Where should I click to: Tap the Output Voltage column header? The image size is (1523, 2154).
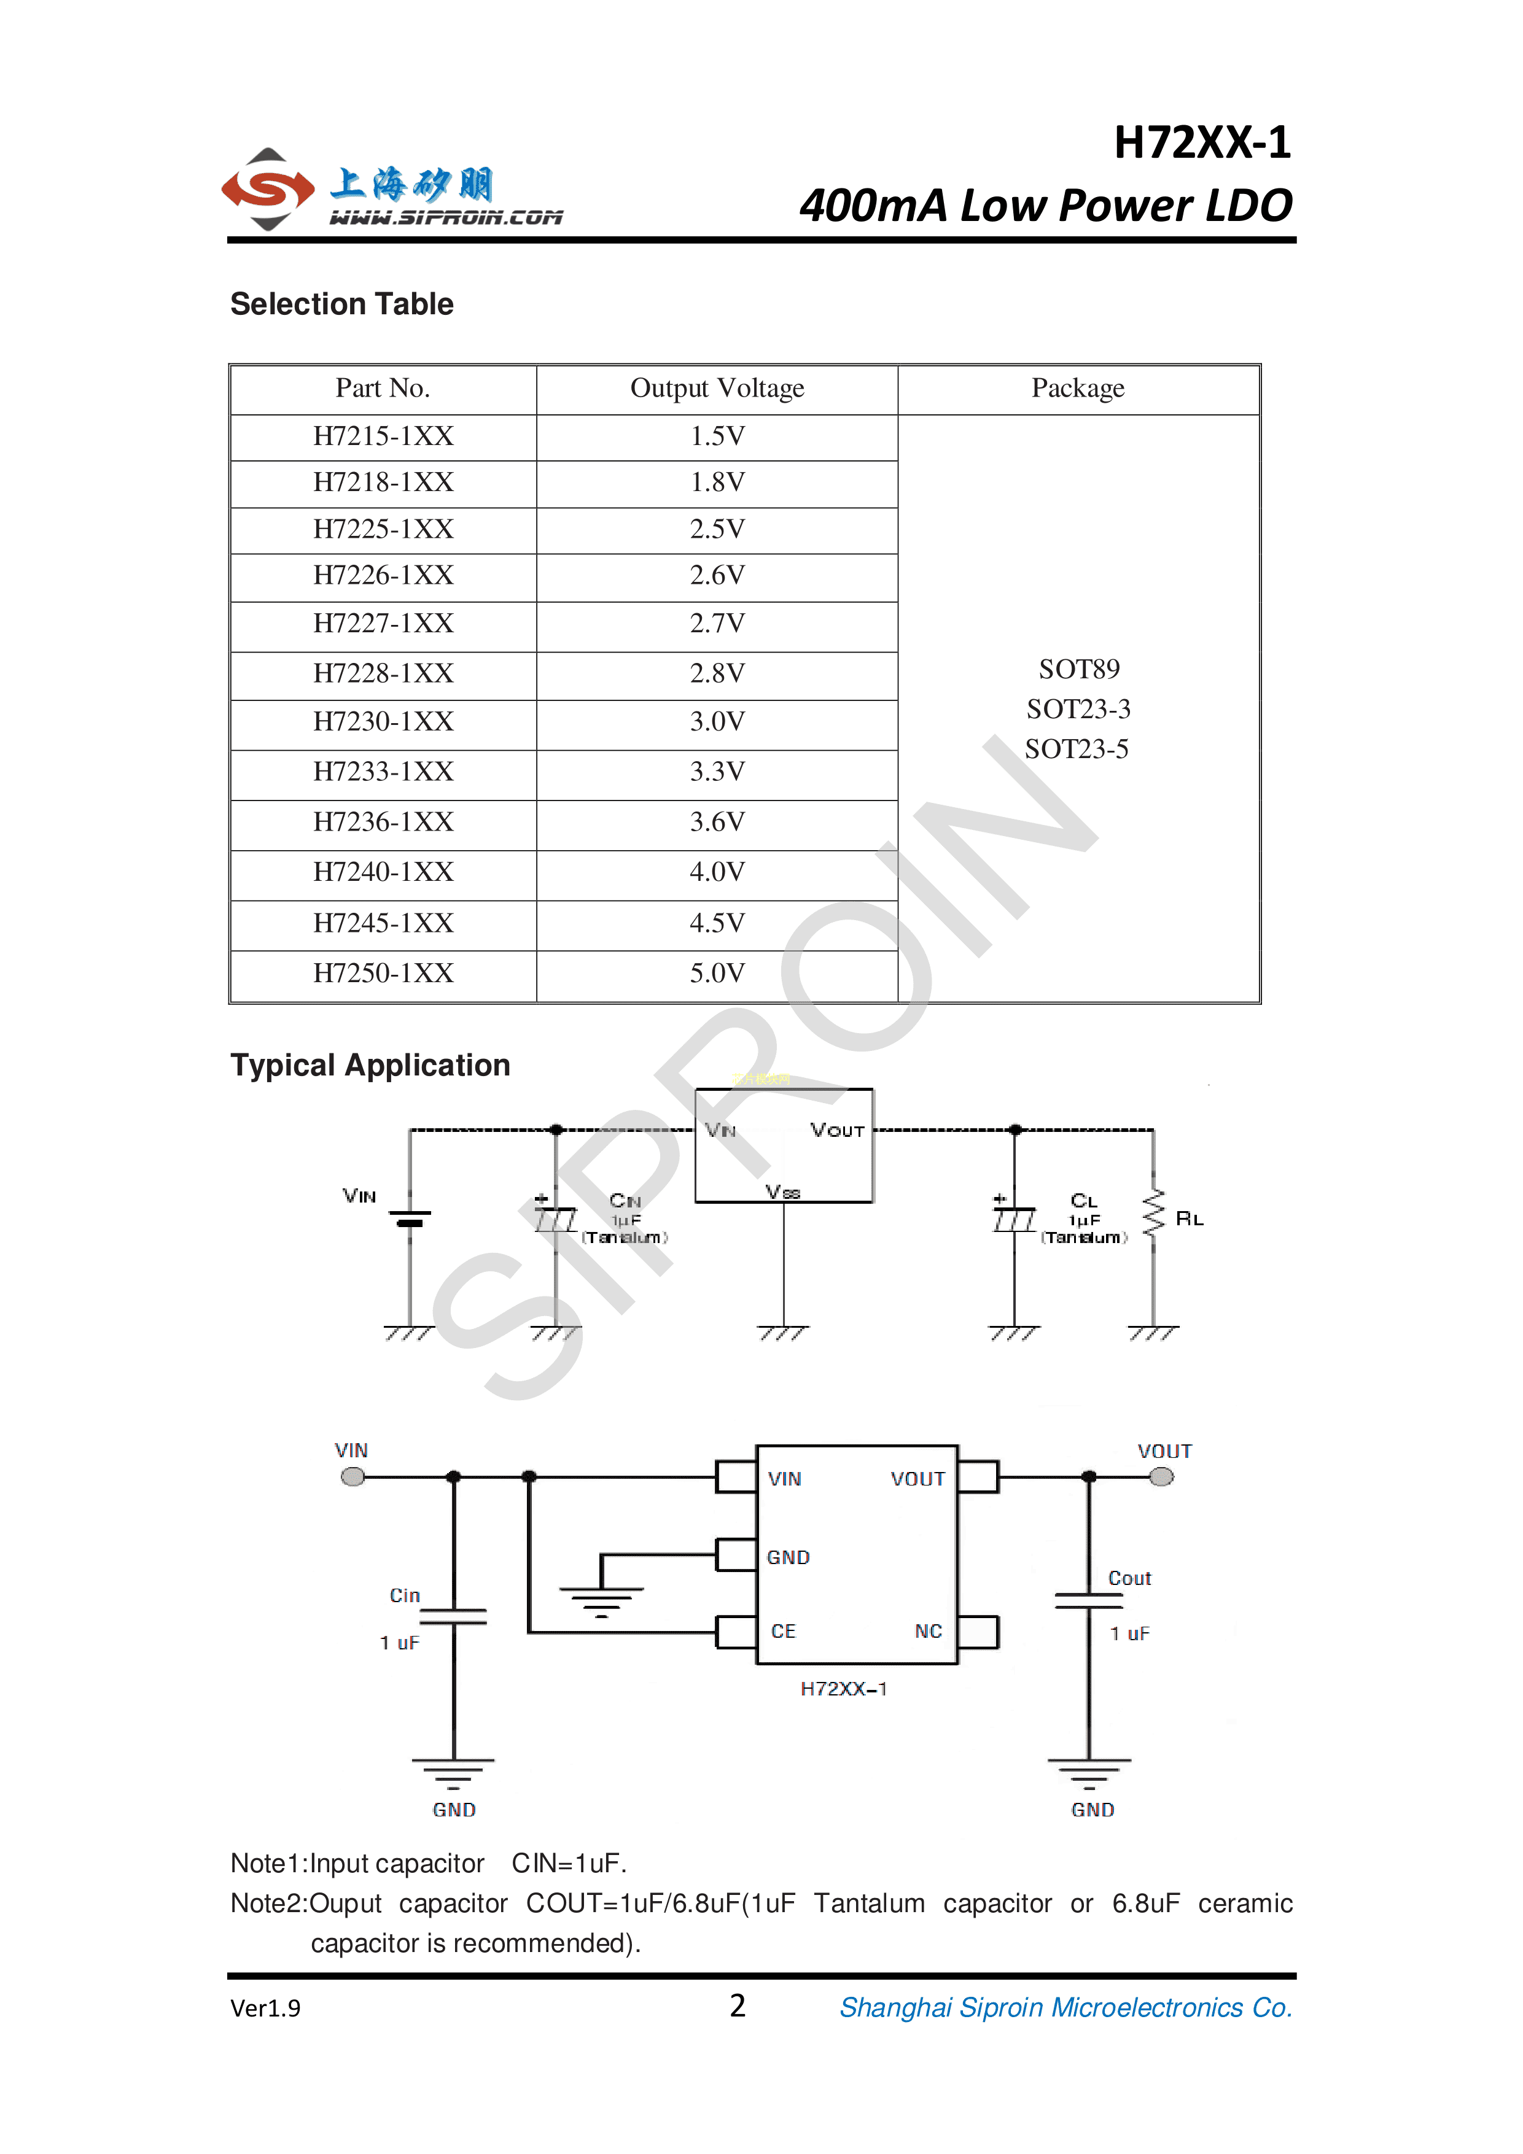pyautogui.click(x=717, y=389)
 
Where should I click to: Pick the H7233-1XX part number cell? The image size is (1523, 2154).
pyautogui.click(x=383, y=771)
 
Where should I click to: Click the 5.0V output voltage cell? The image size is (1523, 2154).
pyautogui.click(x=717, y=973)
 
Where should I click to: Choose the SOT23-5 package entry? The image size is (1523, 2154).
pyautogui.click(x=1077, y=749)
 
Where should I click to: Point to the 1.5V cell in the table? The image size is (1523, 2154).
pyautogui.click(x=717, y=436)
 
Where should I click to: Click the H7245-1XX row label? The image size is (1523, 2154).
pyautogui.click(x=383, y=923)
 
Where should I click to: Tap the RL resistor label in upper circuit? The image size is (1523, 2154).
pyautogui.click(x=1189, y=1218)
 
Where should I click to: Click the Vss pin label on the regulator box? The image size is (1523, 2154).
pyautogui.click(x=782, y=1191)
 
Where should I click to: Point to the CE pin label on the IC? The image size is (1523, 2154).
pyautogui.click(x=782, y=1632)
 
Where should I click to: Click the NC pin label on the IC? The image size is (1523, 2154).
pyautogui.click(x=928, y=1632)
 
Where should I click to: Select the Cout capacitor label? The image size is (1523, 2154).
pyautogui.click(x=1129, y=1579)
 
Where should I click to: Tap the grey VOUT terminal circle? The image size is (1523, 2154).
pyautogui.click(x=1162, y=1477)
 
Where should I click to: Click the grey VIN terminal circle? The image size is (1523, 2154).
pyautogui.click(x=353, y=1477)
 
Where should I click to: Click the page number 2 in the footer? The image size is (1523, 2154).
pyautogui.click(x=738, y=2006)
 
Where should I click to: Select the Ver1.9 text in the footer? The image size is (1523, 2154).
pyautogui.click(x=265, y=2009)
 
